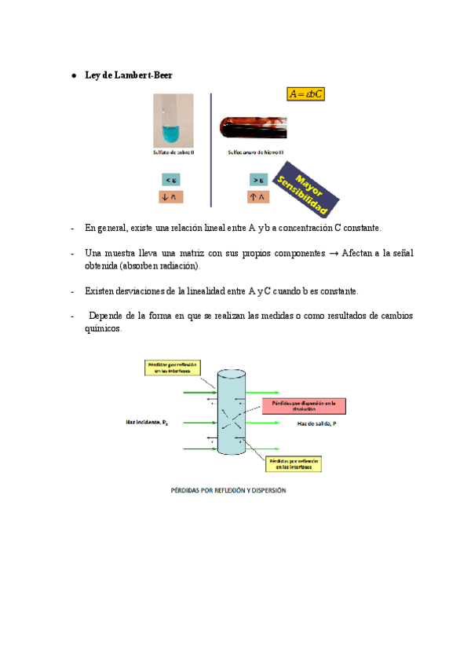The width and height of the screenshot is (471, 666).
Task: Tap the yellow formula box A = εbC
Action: coord(306,94)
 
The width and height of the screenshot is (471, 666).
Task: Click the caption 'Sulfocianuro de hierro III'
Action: coord(256,152)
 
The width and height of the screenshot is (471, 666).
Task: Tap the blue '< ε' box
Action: coord(170,180)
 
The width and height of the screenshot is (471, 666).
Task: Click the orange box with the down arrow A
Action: coord(170,197)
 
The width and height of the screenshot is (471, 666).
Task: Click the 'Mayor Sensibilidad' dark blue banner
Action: coord(307,189)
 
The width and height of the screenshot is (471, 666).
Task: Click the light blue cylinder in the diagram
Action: coord(232,413)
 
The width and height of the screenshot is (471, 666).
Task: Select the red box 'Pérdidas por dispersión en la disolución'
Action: coord(302,406)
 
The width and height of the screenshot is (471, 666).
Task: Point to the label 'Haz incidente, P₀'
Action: coord(147,423)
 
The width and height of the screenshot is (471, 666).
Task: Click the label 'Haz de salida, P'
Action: coord(317,423)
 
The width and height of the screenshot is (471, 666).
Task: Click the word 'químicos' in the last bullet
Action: coord(103,331)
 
